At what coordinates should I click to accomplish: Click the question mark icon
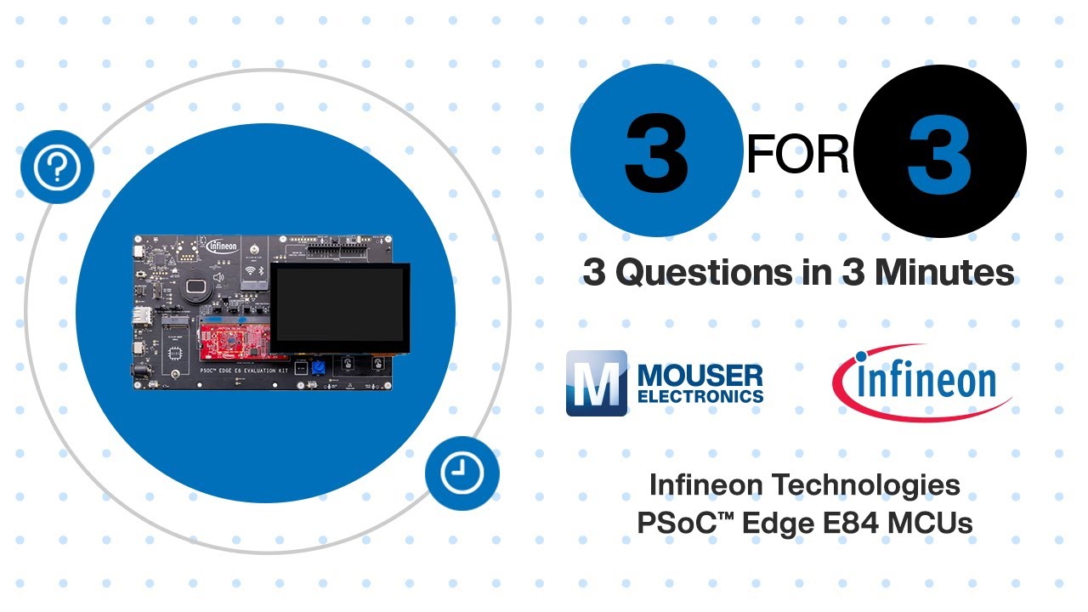click(x=57, y=167)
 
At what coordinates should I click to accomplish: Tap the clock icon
click(x=462, y=473)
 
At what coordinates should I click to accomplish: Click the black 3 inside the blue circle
click(x=656, y=152)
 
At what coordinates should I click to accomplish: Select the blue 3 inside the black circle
click(x=939, y=152)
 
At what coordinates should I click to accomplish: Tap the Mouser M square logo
click(x=597, y=383)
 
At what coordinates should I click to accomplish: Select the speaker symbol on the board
click(x=219, y=277)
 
